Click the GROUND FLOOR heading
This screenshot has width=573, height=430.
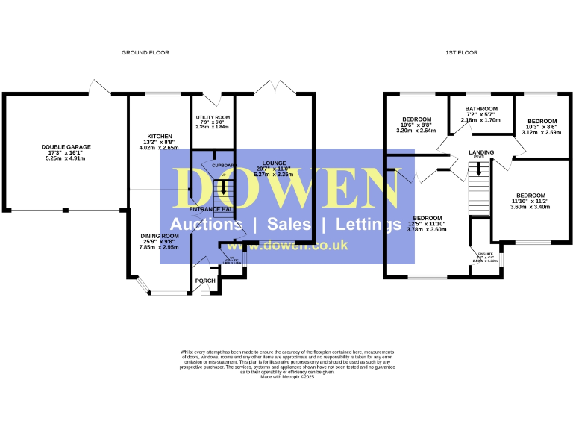145,53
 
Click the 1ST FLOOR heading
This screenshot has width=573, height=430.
461,53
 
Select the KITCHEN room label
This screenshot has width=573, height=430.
160,137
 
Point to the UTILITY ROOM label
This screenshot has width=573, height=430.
213,118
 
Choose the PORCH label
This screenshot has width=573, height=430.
204,281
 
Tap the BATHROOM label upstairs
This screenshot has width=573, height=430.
480,109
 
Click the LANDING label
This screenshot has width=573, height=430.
481,152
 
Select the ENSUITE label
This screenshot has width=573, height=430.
485,255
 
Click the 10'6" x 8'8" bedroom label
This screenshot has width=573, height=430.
417,119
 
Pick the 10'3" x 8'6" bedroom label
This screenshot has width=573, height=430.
542,122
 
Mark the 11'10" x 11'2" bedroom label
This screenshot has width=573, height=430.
530,196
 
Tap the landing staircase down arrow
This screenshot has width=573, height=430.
479,170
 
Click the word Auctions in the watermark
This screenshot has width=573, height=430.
206,224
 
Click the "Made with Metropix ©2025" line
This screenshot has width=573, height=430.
288,377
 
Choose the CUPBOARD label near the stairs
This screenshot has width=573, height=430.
225,165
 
